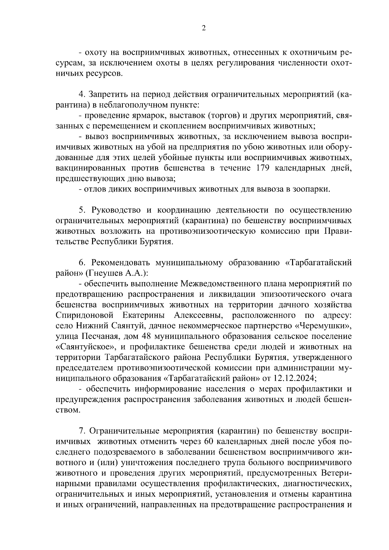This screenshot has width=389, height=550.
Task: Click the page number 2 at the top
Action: pos(204,28)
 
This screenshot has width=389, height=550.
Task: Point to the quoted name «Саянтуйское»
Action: pos(86,347)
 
